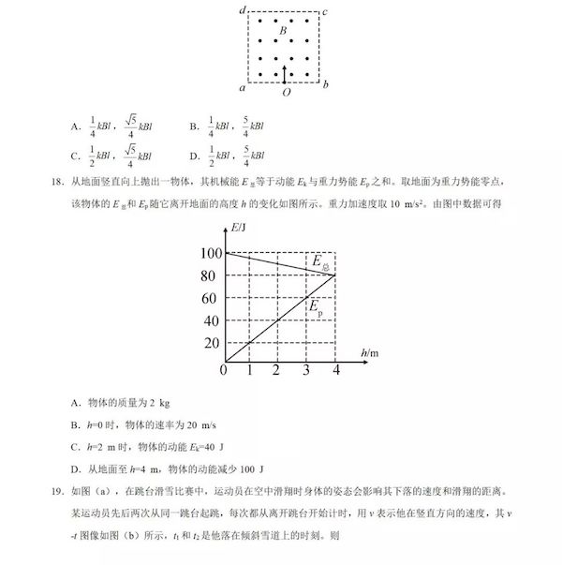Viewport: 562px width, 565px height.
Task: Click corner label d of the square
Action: click(243, 10)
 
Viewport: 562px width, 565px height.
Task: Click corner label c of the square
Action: click(325, 11)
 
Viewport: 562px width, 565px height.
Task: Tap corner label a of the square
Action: click(243, 87)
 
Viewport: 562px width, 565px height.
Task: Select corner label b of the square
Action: click(325, 86)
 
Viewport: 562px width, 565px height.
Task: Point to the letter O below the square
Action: click(285, 93)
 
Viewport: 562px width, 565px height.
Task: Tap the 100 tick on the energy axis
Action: click(208, 253)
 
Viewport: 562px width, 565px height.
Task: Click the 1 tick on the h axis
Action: click(249, 372)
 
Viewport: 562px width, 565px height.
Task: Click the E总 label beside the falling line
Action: click(320, 262)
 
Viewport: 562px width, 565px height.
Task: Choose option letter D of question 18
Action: click(75, 468)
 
